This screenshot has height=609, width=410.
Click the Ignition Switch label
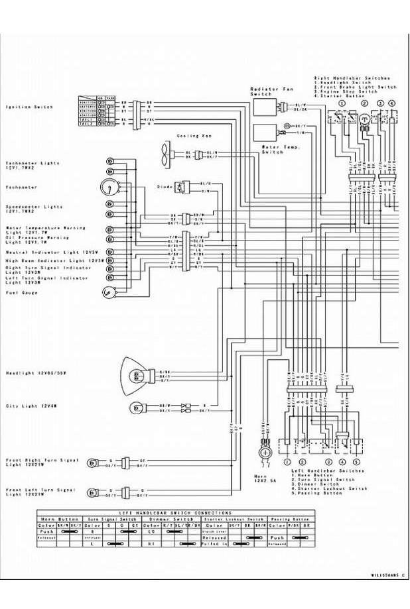click(x=29, y=107)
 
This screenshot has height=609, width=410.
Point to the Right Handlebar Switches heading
click(x=351, y=78)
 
